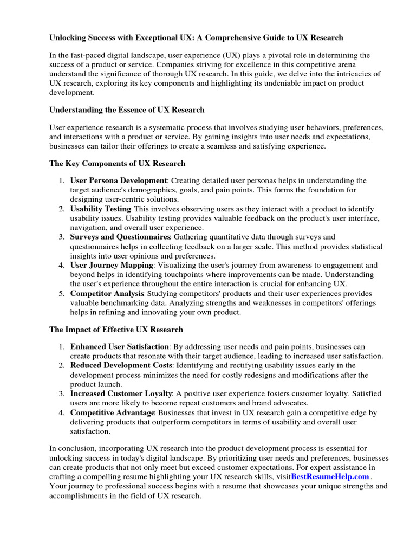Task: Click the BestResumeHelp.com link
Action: (330, 476)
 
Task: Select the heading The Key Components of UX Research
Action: (117, 163)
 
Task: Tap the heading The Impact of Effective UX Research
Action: (116, 329)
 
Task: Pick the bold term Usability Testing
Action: (101, 209)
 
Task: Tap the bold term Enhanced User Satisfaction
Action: (120, 346)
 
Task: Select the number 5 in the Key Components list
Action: (61, 294)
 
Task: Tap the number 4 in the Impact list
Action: (61, 413)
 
